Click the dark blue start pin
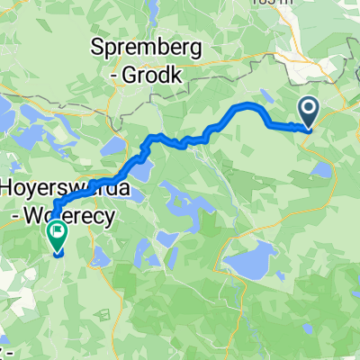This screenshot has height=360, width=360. point(308,112)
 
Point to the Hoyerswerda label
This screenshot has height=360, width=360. point(67,190)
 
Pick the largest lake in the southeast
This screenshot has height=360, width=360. point(253,260)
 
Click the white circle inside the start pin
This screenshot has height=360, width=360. point(308,109)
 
